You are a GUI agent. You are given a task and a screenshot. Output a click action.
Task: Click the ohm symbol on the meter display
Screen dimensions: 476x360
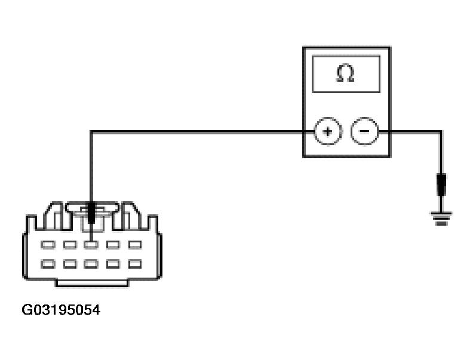[345, 73]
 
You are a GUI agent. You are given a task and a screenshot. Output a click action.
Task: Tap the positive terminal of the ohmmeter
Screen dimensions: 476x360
[327, 131]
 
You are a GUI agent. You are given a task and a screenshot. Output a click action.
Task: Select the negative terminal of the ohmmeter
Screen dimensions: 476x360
[364, 131]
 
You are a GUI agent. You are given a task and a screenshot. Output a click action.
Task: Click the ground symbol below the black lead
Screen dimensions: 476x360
[441, 219]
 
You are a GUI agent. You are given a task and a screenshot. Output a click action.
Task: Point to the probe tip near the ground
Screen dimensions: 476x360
[441, 184]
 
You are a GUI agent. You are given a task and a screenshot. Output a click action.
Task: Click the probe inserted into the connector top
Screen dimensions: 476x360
[91, 213]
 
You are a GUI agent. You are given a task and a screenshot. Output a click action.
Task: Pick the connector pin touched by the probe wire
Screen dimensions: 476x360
[91, 245]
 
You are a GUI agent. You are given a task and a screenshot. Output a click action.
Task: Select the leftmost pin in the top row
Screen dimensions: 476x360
[48, 245]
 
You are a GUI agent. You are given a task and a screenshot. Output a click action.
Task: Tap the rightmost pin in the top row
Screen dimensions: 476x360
[135, 245]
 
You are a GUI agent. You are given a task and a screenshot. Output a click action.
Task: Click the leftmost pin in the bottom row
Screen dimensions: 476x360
[48, 264]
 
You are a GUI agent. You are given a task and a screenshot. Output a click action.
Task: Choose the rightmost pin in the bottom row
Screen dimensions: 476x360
[135, 264]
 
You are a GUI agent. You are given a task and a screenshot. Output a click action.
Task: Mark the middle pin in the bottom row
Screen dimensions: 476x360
[91, 264]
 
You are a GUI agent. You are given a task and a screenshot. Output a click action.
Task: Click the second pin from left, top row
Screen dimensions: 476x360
[70, 245]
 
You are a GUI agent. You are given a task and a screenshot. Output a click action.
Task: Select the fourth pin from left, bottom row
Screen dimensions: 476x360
[113, 264]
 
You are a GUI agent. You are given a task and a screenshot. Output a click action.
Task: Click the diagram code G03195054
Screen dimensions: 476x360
[61, 310]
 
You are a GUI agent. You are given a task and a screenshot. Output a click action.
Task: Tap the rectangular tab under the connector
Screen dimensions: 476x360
[92, 283]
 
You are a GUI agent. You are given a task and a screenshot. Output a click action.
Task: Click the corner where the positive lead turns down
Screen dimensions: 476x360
[91, 132]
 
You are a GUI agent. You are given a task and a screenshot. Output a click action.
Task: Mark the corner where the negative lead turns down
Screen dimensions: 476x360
[441, 132]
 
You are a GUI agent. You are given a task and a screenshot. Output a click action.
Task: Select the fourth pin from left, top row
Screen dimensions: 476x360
[113, 245]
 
